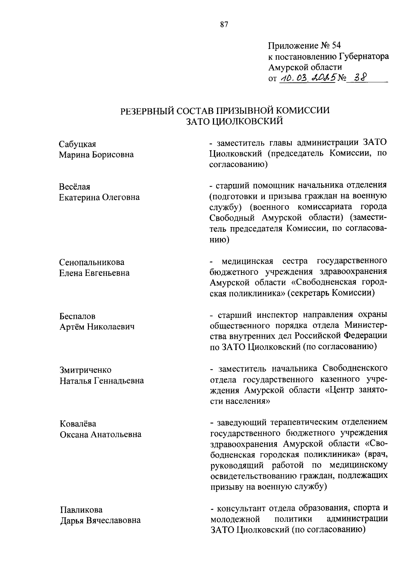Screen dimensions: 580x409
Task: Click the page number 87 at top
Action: pyautogui.click(x=224, y=24)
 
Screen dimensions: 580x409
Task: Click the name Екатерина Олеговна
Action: pyautogui.click(x=99, y=197)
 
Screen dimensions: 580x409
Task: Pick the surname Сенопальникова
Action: pyautogui.click(x=92, y=262)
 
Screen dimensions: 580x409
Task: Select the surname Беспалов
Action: pyautogui.click(x=78, y=316)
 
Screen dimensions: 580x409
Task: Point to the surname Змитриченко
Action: pyautogui.click(x=85, y=370)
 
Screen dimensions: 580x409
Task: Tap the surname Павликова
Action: pyautogui.click(x=81, y=510)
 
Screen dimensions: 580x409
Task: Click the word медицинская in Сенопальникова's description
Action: pyautogui.click(x=247, y=261)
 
